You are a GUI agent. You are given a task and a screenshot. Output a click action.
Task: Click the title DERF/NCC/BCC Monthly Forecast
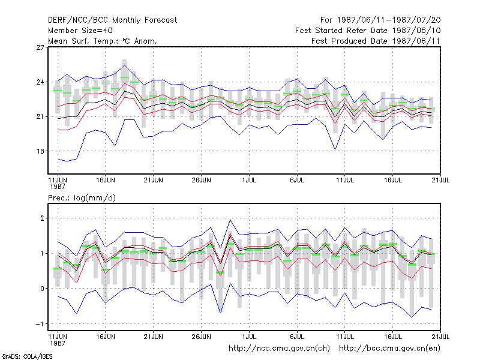click(x=112, y=20)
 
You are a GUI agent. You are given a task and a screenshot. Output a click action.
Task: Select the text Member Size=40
click(x=80, y=31)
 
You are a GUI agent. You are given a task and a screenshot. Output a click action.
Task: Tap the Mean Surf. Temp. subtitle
click(x=102, y=41)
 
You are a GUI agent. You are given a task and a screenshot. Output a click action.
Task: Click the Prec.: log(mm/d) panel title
click(x=82, y=198)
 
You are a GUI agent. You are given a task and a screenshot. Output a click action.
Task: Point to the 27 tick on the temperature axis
click(x=40, y=47)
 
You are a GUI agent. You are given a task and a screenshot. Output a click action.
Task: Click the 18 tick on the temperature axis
click(x=40, y=151)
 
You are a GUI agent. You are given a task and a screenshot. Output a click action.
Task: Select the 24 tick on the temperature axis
click(x=40, y=82)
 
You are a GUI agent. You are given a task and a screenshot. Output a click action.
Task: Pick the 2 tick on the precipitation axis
click(x=42, y=218)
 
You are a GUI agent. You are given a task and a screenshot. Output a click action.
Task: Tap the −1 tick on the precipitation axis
click(x=40, y=324)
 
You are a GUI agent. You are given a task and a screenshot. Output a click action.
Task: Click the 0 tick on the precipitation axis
click(x=42, y=289)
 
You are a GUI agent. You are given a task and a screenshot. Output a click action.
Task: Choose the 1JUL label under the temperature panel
click(x=249, y=180)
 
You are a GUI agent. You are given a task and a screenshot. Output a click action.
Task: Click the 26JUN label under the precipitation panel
click(x=202, y=337)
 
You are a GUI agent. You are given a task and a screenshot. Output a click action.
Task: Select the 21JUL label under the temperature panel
click(x=440, y=180)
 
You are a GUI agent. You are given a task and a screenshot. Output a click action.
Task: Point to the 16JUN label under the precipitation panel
click(x=106, y=337)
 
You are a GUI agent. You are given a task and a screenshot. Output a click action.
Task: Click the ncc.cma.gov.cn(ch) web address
click(x=279, y=349)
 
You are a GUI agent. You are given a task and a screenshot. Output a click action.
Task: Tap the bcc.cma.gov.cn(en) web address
click(x=389, y=349)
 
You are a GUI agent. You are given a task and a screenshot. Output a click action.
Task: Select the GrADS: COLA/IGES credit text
click(x=27, y=356)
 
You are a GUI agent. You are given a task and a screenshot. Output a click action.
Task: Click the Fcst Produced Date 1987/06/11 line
click(x=376, y=41)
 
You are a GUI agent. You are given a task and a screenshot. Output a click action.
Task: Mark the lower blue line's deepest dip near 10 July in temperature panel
click(x=335, y=149)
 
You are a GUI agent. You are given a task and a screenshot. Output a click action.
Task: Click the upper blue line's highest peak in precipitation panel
click(x=230, y=219)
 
